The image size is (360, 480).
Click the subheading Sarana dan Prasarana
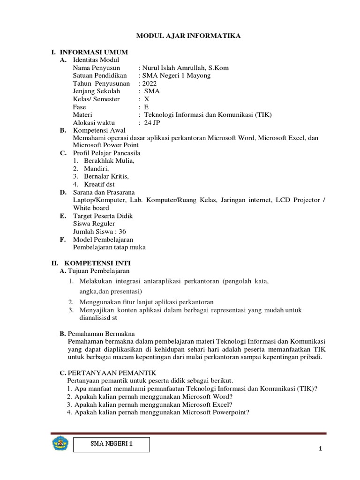click(x=104, y=192)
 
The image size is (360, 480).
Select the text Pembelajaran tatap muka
click(x=109, y=247)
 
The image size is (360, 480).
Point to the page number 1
click(x=321, y=449)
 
